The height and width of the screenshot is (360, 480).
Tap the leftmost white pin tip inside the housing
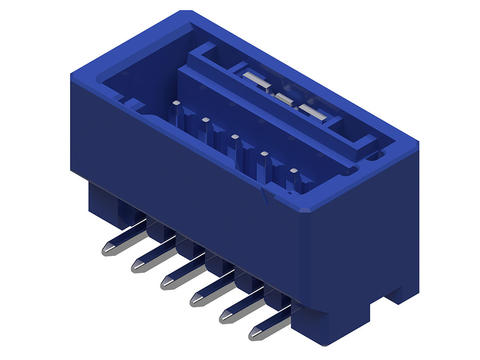pos(175,102)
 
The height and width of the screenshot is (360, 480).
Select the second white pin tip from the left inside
pos(204,120)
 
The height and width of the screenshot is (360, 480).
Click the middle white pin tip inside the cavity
pos(234,137)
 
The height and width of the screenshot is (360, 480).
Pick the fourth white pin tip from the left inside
pos(264,154)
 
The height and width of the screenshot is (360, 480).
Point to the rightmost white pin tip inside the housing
pos(293,171)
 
